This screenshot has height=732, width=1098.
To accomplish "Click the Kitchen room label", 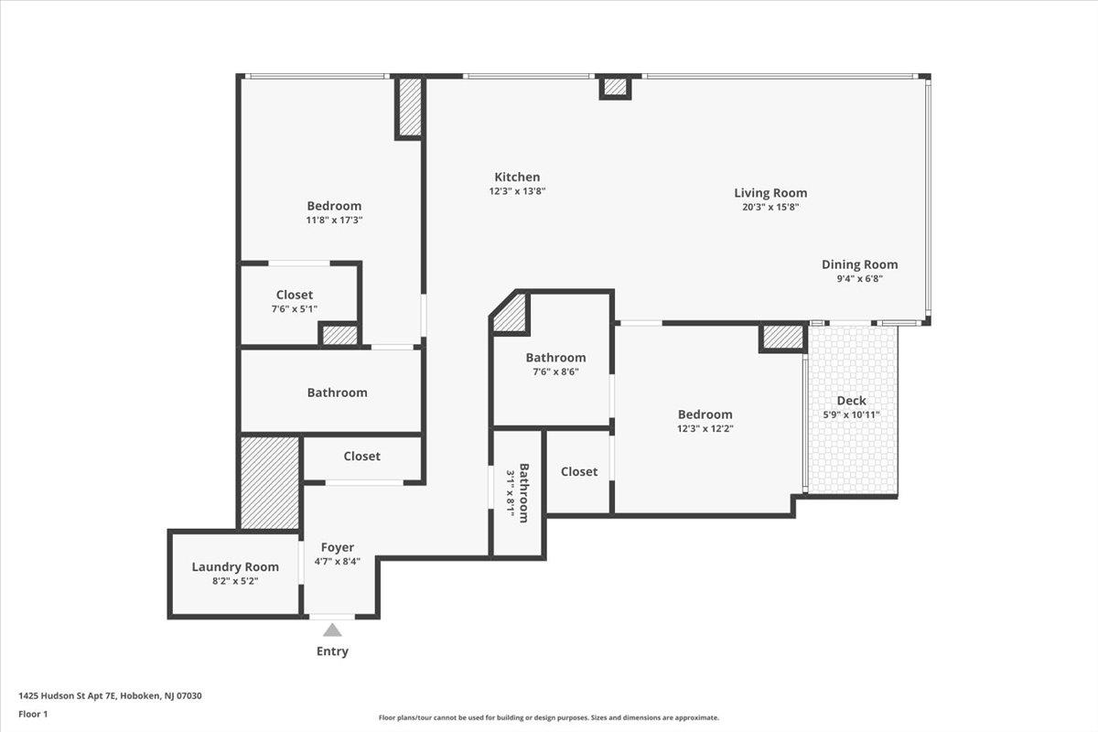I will (517, 177).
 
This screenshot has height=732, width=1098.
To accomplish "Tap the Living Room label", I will (770, 192).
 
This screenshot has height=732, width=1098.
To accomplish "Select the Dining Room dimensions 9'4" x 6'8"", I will (859, 279).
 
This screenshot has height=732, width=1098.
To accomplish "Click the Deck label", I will (851, 400).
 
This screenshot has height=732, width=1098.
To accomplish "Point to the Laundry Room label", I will (235, 566).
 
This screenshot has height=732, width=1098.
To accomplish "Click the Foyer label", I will (337, 547).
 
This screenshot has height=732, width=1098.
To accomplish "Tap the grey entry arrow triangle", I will (332, 630).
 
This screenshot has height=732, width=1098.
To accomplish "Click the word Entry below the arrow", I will (332, 651).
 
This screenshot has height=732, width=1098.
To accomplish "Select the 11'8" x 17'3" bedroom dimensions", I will (334, 221).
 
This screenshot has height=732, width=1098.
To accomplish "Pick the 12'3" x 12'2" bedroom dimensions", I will (705, 428).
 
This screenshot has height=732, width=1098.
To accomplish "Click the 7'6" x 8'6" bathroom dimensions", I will (555, 371).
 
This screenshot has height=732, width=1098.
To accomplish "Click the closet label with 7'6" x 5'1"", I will (295, 295).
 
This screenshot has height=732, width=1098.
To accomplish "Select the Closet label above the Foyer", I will (361, 456).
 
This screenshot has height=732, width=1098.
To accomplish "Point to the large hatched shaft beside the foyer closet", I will (269, 482).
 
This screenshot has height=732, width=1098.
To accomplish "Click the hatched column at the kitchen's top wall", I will (616, 88).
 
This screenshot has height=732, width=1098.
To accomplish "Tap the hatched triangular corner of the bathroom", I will (512, 314).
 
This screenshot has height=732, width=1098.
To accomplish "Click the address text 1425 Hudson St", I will (110, 695).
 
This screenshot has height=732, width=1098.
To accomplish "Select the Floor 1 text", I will (32, 714).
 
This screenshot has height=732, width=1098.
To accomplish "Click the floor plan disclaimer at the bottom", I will (549, 718).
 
